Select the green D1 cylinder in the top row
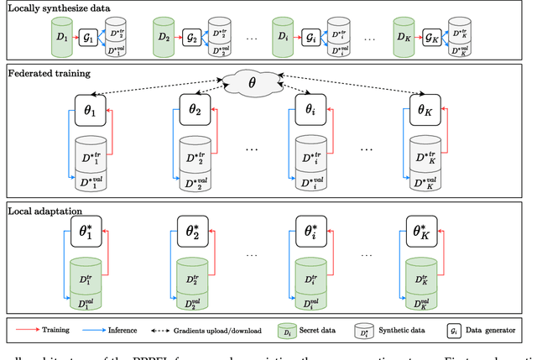click(x=60, y=38)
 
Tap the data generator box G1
click(x=88, y=38)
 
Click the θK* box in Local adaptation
click(x=424, y=232)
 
